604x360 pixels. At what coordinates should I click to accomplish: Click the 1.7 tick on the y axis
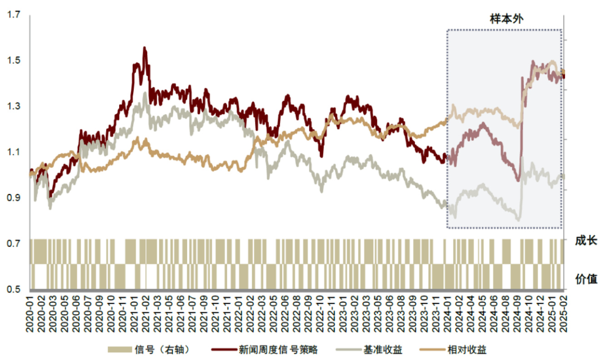[x=14, y=15]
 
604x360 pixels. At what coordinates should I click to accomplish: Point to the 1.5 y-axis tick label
[x=14, y=61]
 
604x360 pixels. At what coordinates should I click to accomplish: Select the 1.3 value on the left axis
[x=14, y=106]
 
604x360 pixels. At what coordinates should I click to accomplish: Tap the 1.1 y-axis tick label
[x=14, y=152]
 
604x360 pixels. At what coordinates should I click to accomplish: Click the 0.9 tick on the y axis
[x=14, y=198]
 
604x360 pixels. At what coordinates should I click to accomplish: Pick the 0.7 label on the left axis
[x=14, y=244]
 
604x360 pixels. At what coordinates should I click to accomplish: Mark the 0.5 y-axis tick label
[x=14, y=289]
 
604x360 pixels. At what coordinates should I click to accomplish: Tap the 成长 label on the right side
[x=585, y=240]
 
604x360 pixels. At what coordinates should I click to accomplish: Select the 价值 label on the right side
[x=585, y=278]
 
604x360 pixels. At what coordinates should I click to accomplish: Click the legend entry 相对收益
[x=467, y=350]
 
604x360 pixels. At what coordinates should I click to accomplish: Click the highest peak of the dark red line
[x=145, y=47]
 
